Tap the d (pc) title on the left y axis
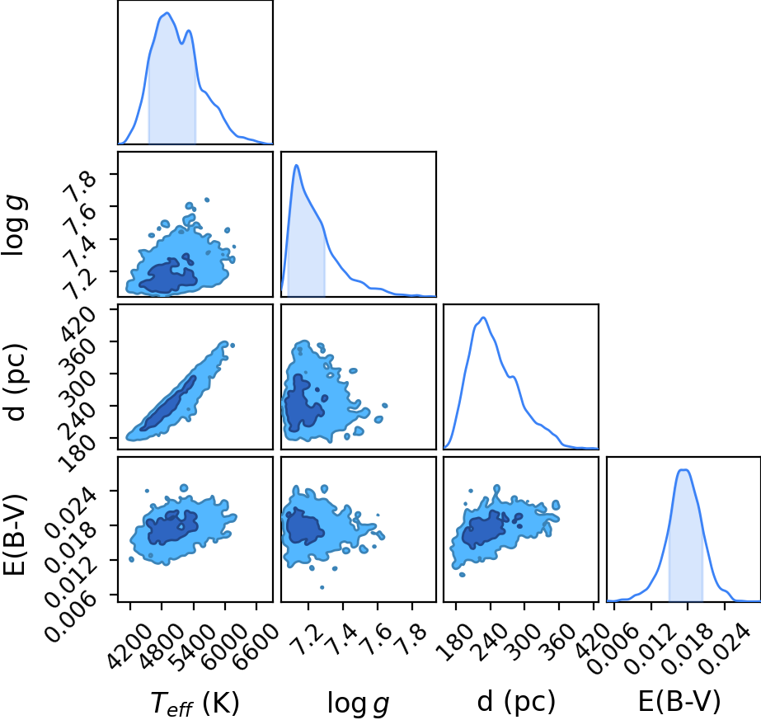pyautogui.click(x=15, y=382)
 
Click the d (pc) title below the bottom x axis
pyautogui.click(x=516, y=702)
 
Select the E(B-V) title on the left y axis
pyautogui.click(x=15, y=534)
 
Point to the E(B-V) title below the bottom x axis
pyautogui.click(x=679, y=702)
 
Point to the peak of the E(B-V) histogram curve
pyautogui.click(x=683, y=469)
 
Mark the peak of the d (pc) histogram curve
pyautogui.click(x=483, y=318)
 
